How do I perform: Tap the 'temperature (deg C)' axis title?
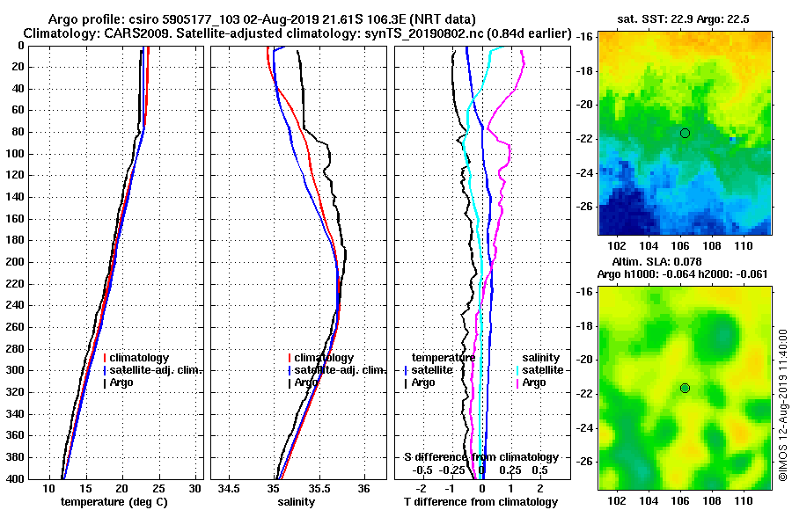114,502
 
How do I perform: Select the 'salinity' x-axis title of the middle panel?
296,502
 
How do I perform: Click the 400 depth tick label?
16,479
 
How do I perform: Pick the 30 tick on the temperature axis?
195,489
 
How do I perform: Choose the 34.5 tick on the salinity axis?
230,489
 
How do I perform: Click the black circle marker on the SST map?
685,133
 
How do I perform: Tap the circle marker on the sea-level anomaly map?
685,388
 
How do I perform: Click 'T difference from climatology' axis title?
480,502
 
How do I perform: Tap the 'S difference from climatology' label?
480,457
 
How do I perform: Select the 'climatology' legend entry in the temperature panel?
137,358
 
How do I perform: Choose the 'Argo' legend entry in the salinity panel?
307,382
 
